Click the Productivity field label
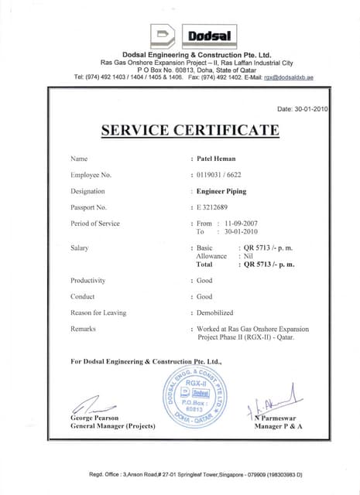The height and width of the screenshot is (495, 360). [x=87, y=280]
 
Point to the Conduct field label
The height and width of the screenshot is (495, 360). [x=82, y=296]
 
